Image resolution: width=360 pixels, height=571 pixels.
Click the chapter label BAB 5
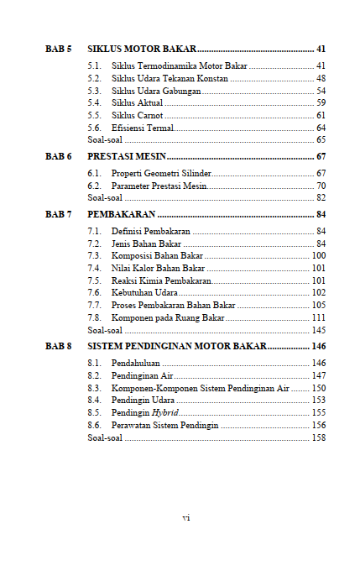tap(58, 49)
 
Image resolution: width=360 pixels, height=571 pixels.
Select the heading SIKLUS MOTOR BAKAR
tap(139, 49)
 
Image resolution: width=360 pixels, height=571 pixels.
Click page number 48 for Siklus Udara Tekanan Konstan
tap(321, 78)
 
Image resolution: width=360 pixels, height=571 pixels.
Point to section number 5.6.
tap(95, 128)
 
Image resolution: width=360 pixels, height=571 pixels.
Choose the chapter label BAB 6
tap(58, 157)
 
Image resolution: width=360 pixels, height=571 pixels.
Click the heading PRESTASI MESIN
tap(127, 157)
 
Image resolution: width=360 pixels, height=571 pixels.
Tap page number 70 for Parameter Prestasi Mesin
tap(321, 186)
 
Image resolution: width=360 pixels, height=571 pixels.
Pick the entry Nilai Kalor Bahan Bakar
tap(159, 268)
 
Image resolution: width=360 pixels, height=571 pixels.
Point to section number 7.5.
tap(95, 280)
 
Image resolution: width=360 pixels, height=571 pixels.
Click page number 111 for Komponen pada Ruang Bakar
tap(318, 318)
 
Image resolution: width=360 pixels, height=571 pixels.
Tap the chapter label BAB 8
tap(58, 346)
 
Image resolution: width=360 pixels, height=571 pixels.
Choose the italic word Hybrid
tap(165, 413)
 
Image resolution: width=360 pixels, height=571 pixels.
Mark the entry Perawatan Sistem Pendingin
tap(164, 426)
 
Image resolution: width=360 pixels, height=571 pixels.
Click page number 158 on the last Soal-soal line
tap(318, 438)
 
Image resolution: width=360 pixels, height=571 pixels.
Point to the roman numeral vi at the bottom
tap(186, 517)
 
